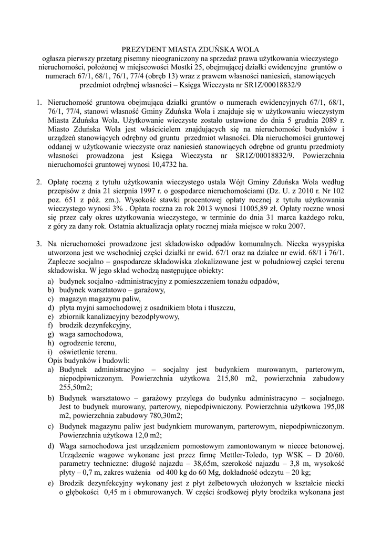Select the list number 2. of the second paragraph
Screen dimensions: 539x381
pos(39,182)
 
